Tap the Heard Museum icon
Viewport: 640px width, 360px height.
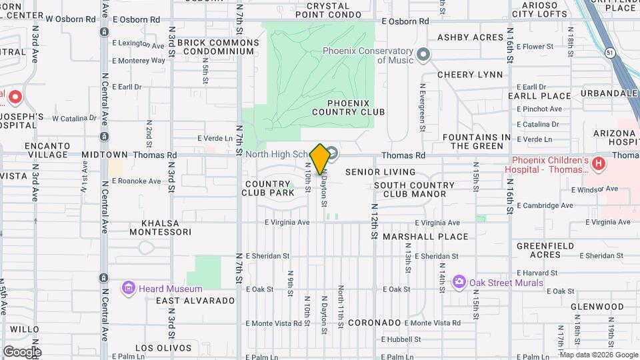click(x=129, y=288)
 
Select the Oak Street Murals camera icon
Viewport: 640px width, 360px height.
click(x=459, y=283)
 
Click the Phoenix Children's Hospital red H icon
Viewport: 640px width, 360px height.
click(x=599, y=163)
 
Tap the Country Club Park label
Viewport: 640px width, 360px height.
click(x=269, y=188)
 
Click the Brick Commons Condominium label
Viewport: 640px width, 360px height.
click(x=218, y=47)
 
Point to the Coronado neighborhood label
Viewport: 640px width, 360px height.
click(x=375, y=323)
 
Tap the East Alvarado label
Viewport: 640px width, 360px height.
click(x=195, y=301)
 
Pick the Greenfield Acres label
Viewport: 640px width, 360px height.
click(x=546, y=250)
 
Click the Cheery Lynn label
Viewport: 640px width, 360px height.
click(x=470, y=75)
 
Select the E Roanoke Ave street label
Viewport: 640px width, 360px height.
click(x=137, y=181)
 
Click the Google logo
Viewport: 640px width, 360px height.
click(x=22, y=352)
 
